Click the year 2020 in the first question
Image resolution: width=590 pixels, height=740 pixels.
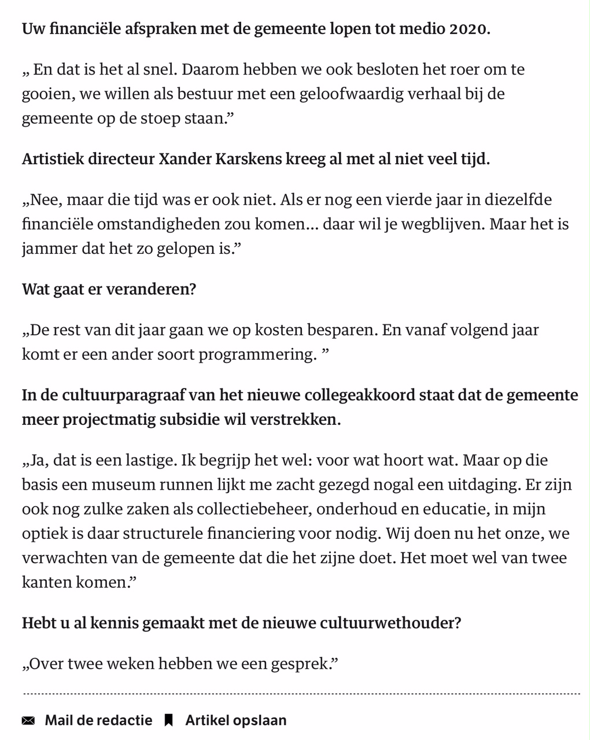click(469, 29)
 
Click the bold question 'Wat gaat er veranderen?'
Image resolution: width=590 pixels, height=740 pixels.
click(109, 289)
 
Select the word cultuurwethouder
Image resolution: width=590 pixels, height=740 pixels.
click(396, 623)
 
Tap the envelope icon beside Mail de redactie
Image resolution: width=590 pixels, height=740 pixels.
click(28, 720)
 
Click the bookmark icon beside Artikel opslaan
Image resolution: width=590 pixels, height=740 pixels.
click(169, 720)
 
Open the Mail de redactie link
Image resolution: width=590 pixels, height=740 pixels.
click(98, 720)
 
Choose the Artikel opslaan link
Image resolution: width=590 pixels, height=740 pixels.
click(235, 720)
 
